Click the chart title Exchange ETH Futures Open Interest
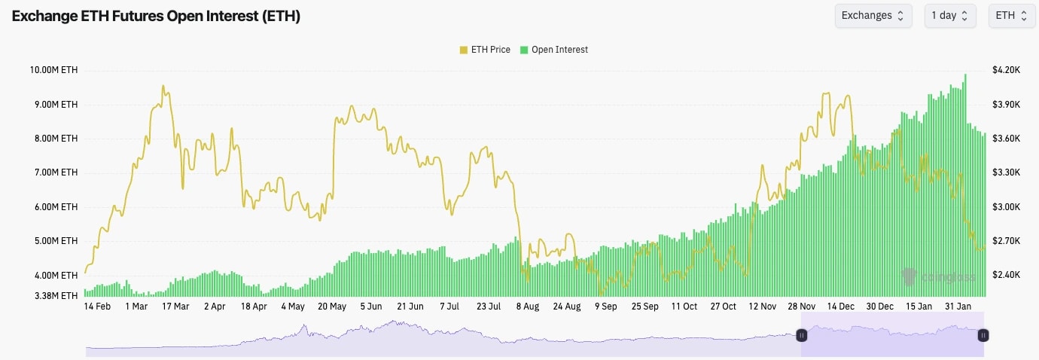[156, 16]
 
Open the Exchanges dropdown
[873, 16]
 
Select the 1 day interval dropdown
[949, 16]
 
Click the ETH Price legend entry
[485, 50]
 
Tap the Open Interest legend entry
[554, 50]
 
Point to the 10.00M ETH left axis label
[53, 70]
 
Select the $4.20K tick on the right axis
[1006, 70]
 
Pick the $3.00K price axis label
[1006, 207]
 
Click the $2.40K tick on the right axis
[1006, 276]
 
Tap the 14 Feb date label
[97, 307]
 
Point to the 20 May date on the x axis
[332, 307]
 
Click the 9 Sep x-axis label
[606, 307]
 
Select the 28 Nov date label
[802, 307]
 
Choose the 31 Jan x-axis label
[958, 307]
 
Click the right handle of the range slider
[983, 335]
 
